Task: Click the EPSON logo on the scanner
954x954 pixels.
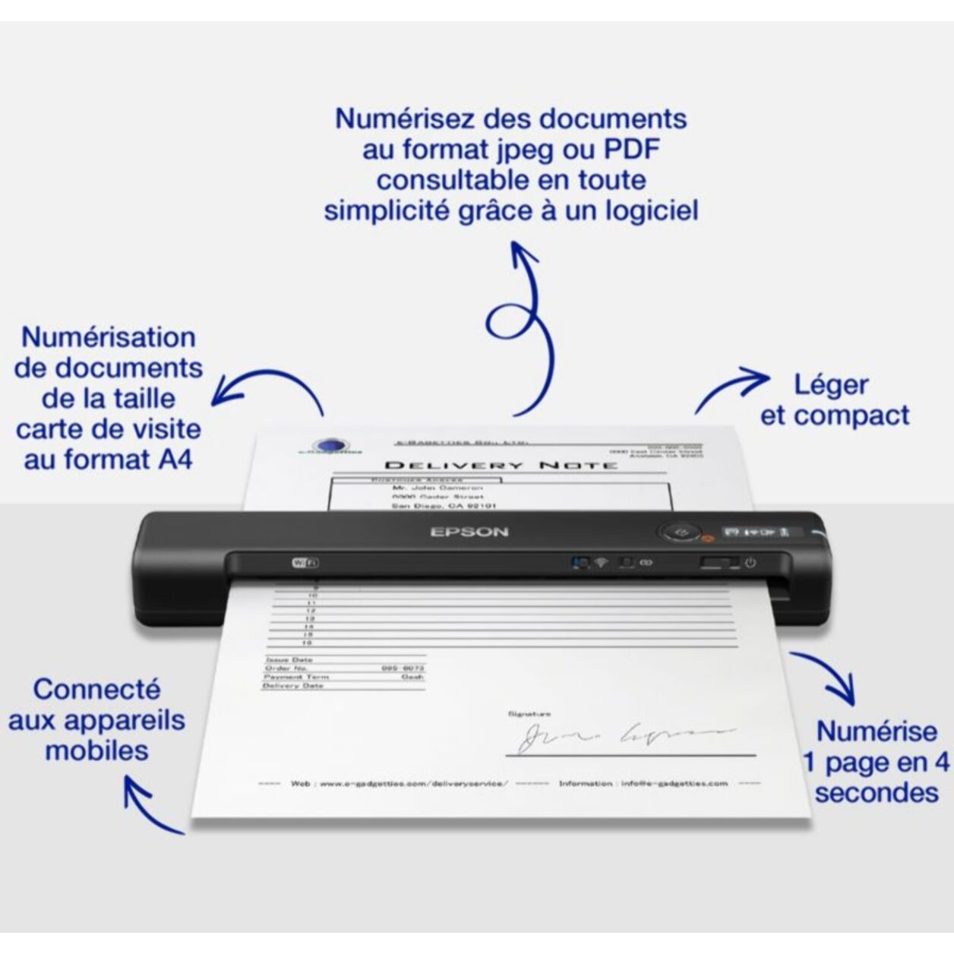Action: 469,532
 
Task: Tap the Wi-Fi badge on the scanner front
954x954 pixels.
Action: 305,563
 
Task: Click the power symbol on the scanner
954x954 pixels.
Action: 750,563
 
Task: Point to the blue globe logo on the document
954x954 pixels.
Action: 328,447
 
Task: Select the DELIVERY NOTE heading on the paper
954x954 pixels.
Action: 501,465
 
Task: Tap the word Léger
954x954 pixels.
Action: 830,384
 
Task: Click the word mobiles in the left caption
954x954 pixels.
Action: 96,750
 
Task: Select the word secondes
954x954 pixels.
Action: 877,792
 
